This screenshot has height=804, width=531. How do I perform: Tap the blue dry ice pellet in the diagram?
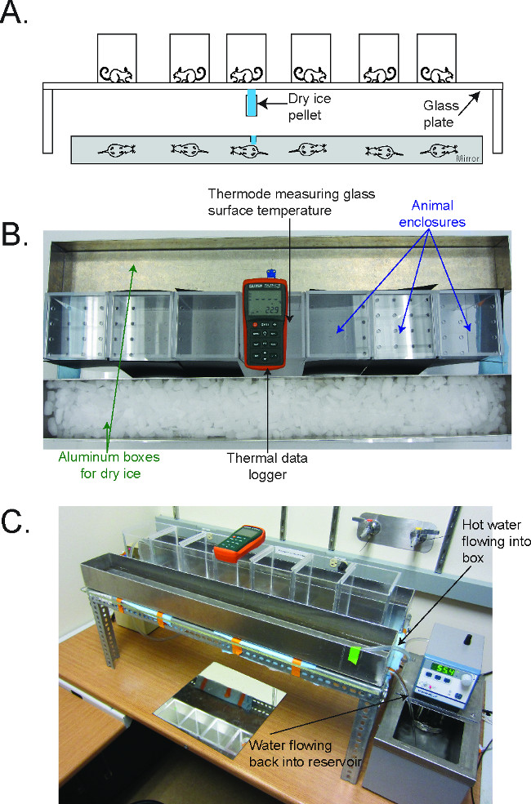[x=252, y=104]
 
